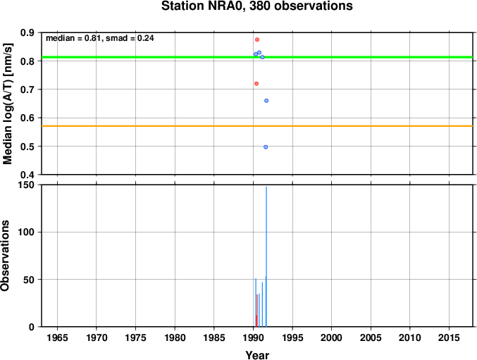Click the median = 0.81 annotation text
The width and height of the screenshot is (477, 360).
(x=73, y=38)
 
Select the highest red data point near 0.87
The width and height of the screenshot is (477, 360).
(x=257, y=39)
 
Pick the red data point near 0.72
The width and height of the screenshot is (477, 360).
(x=256, y=84)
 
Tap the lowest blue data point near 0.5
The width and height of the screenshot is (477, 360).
(x=266, y=147)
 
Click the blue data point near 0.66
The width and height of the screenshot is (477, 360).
(x=266, y=101)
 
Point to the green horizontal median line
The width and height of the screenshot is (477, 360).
(x=257, y=57)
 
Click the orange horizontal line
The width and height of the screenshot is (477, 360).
(x=257, y=126)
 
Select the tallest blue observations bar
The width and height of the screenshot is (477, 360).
(x=266, y=256)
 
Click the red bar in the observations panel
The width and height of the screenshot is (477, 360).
(x=256, y=311)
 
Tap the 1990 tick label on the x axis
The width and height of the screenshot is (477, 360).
(x=254, y=337)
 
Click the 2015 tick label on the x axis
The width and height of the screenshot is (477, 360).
(x=449, y=337)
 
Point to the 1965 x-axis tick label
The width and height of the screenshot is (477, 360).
(x=58, y=337)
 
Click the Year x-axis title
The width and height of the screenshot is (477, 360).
(x=257, y=355)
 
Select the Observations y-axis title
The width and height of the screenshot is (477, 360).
(x=5, y=256)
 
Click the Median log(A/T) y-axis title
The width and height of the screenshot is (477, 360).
(x=7, y=104)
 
